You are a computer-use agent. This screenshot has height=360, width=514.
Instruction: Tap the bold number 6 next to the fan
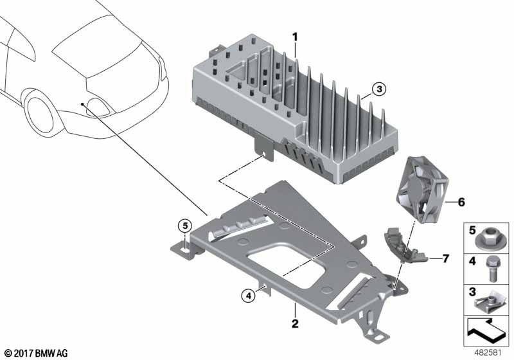pos(461,201)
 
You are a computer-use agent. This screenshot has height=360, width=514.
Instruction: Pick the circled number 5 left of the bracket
pos(184,226)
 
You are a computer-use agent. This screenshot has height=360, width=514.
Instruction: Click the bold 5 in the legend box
pos(471,230)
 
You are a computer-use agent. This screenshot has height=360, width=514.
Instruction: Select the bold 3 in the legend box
pos(471,292)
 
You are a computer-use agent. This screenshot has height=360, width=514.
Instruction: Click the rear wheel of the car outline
pos(42,113)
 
